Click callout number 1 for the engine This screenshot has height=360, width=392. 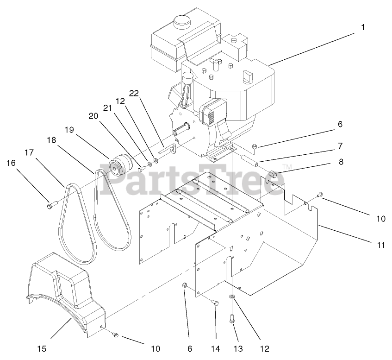363,28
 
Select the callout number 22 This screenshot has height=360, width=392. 134,94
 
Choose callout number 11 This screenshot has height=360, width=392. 381,245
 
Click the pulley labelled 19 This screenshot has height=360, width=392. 120,165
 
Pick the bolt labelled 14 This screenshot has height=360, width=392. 214,303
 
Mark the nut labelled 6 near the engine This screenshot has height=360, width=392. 255,147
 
